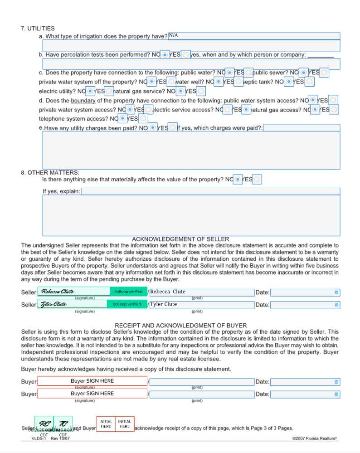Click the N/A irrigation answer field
click(x=254, y=36)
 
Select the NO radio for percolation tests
click(x=165, y=55)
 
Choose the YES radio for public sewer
click(x=324, y=73)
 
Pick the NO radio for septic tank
click(x=289, y=82)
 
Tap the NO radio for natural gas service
click(x=180, y=91)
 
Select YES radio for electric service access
click(x=246, y=109)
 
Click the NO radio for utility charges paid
click(x=153, y=128)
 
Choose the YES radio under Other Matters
click(x=257, y=180)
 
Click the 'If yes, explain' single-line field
click(x=210, y=191)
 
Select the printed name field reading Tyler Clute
click(x=202, y=304)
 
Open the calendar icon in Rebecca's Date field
click(x=336, y=292)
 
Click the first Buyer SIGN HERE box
click(x=92, y=381)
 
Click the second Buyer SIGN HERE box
click(x=92, y=394)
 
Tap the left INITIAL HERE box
click(x=106, y=424)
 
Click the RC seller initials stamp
click(x=44, y=424)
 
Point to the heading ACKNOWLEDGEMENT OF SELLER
click(x=180, y=239)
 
